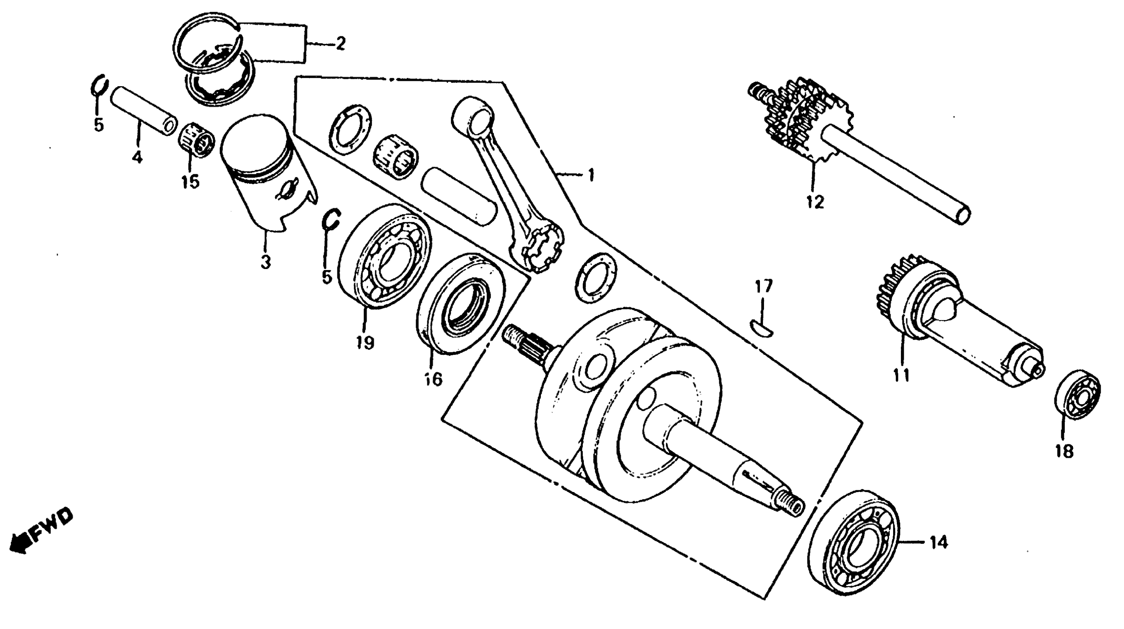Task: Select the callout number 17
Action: point(764,286)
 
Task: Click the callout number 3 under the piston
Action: point(266,262)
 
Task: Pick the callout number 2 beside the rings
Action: point(340,44)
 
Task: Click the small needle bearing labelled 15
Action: point(197,140)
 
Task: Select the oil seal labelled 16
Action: point(460,303)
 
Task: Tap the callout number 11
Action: point(902,374)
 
